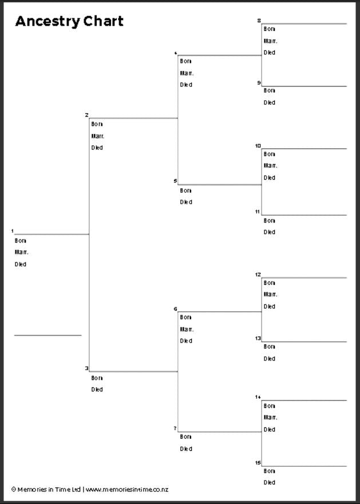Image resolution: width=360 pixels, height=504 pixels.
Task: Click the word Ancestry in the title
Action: [x=48, y=22]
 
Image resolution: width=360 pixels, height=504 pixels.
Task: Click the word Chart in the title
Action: [x=104, y=22]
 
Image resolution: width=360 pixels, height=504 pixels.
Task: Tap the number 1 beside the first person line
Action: [x=13, y=231]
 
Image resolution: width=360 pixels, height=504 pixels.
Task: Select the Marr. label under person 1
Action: [x=21, y=252]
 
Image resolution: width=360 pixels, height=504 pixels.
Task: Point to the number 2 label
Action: [x=86, y=115]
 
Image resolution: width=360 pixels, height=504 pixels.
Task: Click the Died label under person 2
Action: [x=97, y=148]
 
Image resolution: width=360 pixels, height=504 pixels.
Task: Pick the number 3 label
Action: [x=86, y=368]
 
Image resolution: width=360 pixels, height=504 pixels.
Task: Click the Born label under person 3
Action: [x=97, y=378]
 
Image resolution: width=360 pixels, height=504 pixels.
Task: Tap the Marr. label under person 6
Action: [x=187, y=329]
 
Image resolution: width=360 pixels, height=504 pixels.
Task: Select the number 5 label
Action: [x=176, y=181]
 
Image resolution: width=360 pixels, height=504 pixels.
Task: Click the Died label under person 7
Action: [x=186, y=449]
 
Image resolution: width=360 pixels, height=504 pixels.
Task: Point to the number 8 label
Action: [x=259, y=21]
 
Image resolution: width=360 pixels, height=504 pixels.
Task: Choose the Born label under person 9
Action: [x=269, y=90]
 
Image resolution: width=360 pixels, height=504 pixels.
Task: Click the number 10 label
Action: [x=258, y=146]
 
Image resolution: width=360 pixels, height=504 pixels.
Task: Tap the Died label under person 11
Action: [x=269, y=232]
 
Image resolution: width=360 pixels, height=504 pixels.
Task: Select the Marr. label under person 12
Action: [x=270, y=294]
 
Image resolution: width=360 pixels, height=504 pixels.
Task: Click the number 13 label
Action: [x=258, y=338]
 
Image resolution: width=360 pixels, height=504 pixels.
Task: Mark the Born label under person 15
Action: [x=269, y=471]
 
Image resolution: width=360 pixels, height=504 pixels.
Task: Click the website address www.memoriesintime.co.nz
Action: [x=127, y=490]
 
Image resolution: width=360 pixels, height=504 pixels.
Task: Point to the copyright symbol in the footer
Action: [x=14, y=490]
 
